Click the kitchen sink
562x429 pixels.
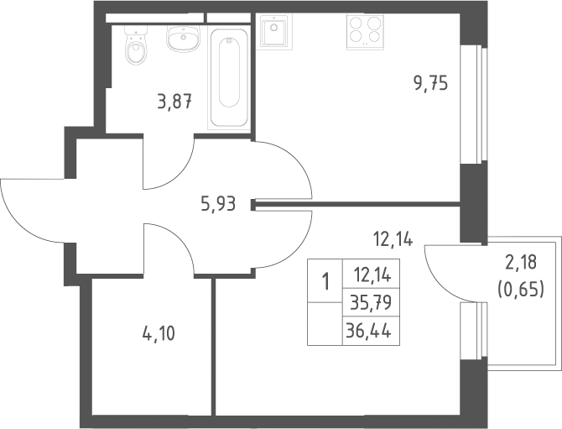pyautogui.click(x=274, y=29)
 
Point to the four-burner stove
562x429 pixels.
pyautogui.click(x=365, y=31)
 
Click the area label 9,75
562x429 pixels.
pyautogui.click(x=431, y=84)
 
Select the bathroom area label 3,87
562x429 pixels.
pyautogui.click(x=174, y=102)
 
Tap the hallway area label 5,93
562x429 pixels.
pyautogui.click(x=218, y=204)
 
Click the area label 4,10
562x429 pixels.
pyautogui.click(x=159, y=334)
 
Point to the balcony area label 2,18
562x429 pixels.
pyautogui.click(x=521, y=262)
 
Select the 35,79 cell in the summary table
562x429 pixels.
pyautogui.click(x=371, y=302)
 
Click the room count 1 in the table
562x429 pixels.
pyautogui.click(x=325, y=281)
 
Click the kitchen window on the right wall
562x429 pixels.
pyautogui.click(x=473, y=105)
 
